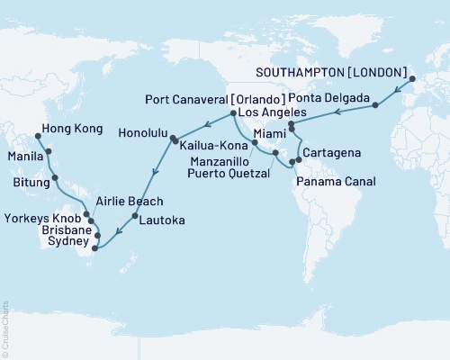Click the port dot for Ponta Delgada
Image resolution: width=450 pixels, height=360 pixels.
click(373, 107)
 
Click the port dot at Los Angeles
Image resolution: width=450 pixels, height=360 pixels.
click(232, 112)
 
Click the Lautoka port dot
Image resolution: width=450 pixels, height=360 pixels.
click(134, 216)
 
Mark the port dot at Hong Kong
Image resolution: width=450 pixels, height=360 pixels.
click(38, 138)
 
